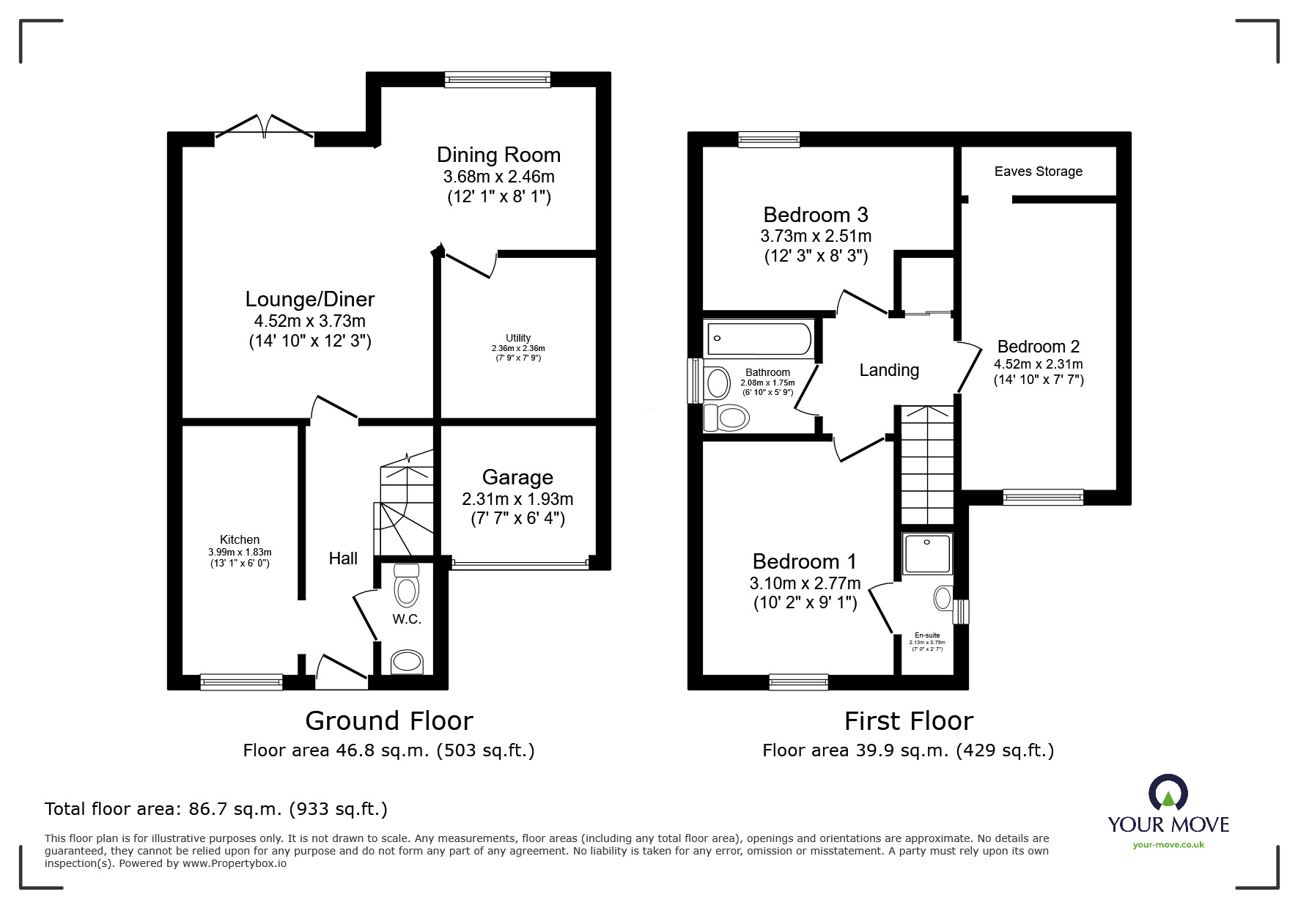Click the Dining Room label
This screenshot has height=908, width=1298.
[x=498, y=155]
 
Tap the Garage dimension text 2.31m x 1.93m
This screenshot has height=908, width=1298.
[x=517, y=499]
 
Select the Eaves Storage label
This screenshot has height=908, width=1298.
[x=1038, y=171]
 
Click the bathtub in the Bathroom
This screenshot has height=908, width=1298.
[x=759, y=339]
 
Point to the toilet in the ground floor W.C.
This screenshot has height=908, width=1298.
[x=406, y=586]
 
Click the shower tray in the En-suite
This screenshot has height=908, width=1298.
[x=927, y=553]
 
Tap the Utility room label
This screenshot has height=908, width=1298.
[x=518, y=338]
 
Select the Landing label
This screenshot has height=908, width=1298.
[x=888, y=370]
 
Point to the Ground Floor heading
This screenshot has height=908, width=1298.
[x=388, y=721]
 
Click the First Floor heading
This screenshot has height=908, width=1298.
[x=908, y=721]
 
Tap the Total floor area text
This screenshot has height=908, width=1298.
[x=216, y=809]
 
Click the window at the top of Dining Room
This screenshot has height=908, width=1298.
[x=498, y=79]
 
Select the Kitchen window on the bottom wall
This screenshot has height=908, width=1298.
[x=241, y=682]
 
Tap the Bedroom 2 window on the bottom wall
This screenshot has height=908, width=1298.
[x=1042, y=497]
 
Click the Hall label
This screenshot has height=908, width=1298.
[x=343, y=558]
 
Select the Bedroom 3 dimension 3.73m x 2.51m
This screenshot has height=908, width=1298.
[x=815, y=236]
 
